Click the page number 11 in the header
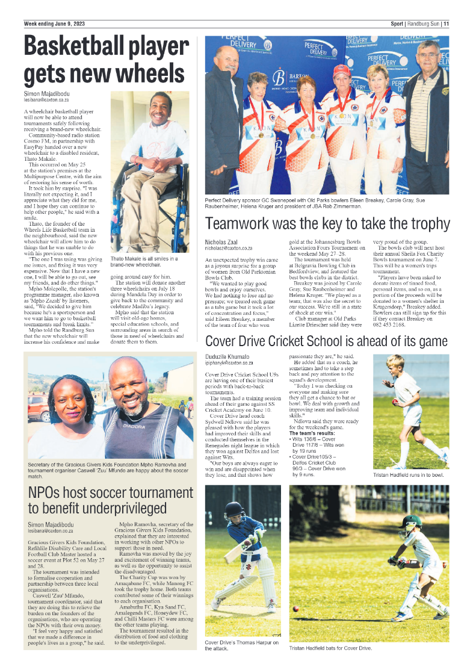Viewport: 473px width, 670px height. pos(446,24)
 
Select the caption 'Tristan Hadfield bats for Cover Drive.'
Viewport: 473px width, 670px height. pos(330,648)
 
